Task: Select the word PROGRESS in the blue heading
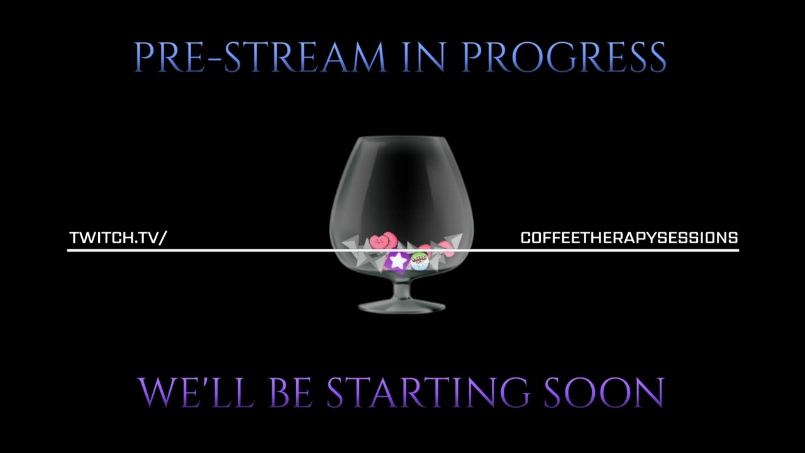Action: click(563, 57)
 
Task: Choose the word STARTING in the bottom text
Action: click(428, 393)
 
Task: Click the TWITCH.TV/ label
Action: click(118, 238)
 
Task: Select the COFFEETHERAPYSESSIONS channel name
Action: click(629, 238)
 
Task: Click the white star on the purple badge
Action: click(397, 260)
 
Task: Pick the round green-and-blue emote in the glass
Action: click(419, 260)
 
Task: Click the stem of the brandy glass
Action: click(401, 291)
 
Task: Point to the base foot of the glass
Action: click(401, 306)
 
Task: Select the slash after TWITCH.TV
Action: click(164, 238)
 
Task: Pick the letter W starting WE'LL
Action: click(157, 393)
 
